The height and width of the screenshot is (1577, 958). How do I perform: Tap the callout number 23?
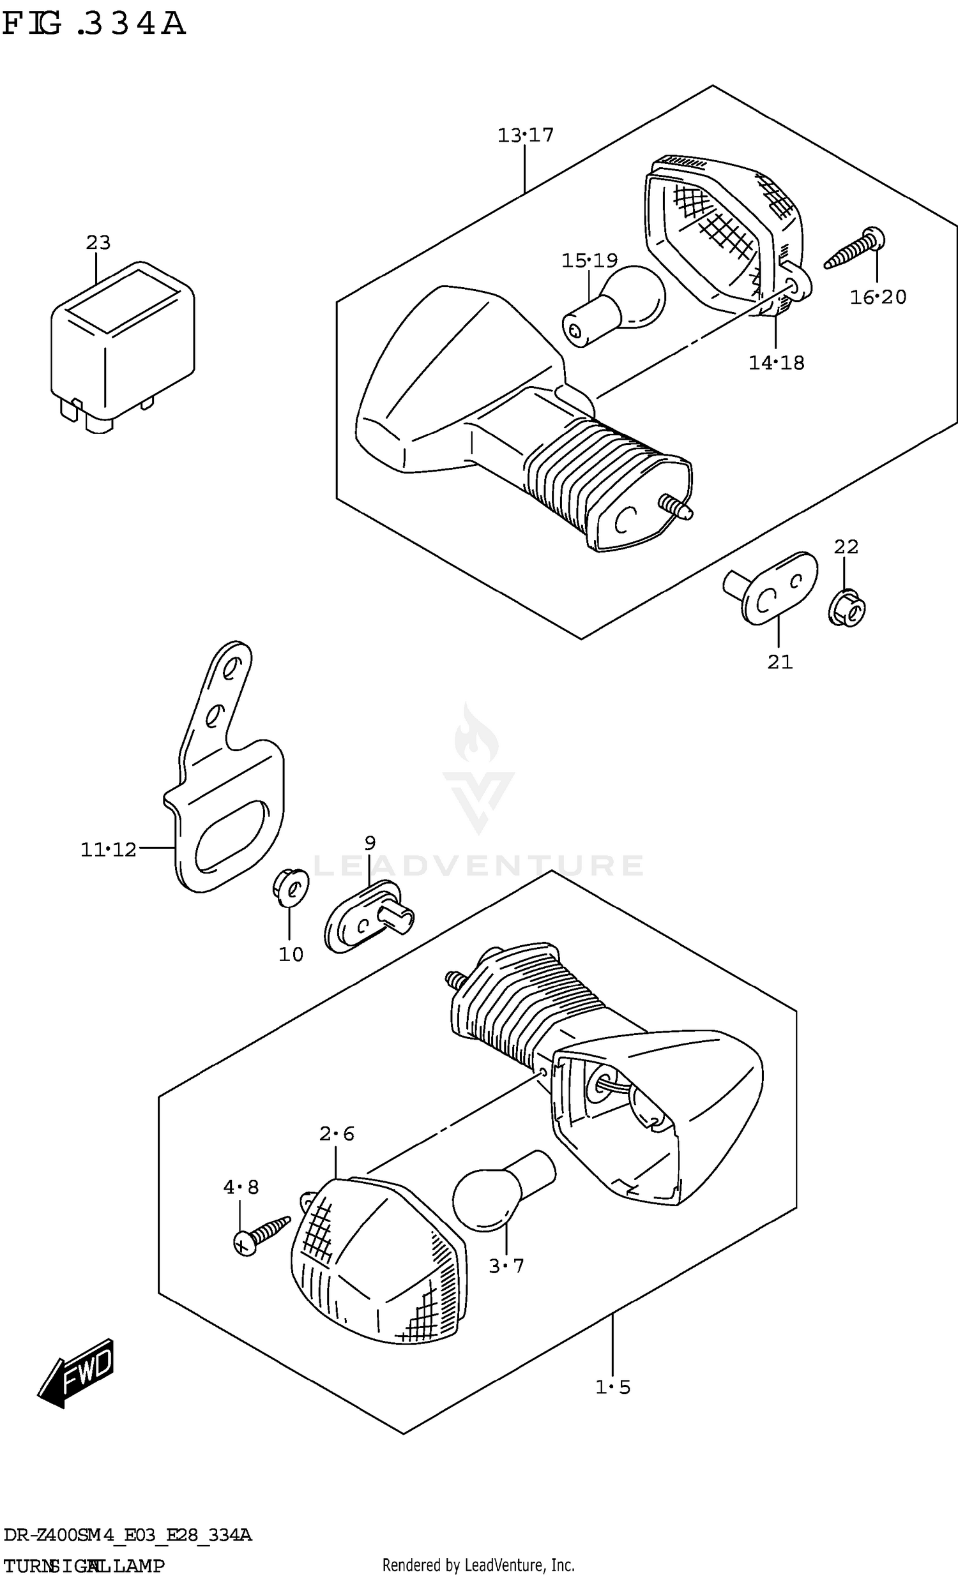pyautogui.click(x=98, y=243)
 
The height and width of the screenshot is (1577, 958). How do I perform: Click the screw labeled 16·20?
pyautogui.click(x=856, y=250)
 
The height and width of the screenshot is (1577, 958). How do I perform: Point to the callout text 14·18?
pyautogui.click(x=776, y=363)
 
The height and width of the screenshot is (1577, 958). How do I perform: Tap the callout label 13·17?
pyautogui.click(x=525, y=135)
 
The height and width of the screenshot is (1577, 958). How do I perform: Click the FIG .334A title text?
pyautogui.click(x=94, y=24)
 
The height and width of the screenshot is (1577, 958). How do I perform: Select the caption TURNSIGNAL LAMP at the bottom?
pyautogui.click(x=83, y=1566)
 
